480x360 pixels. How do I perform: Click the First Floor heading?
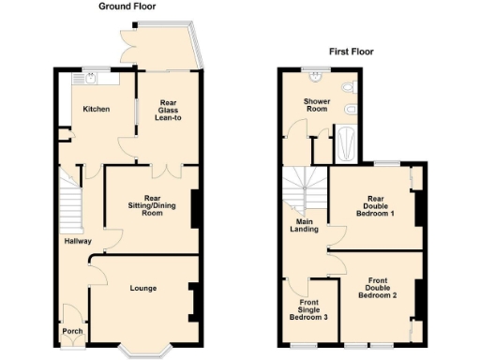(350, 52)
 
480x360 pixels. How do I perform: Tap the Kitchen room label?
(97, 109)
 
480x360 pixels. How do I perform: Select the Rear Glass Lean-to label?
(168, 109)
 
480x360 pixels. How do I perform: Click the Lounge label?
(142, 288)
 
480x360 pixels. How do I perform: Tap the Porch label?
(72, 331)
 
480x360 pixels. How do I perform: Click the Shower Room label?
(318, 105)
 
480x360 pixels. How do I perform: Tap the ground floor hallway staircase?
(71, 202)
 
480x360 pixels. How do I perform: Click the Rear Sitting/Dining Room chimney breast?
(195, 209)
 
